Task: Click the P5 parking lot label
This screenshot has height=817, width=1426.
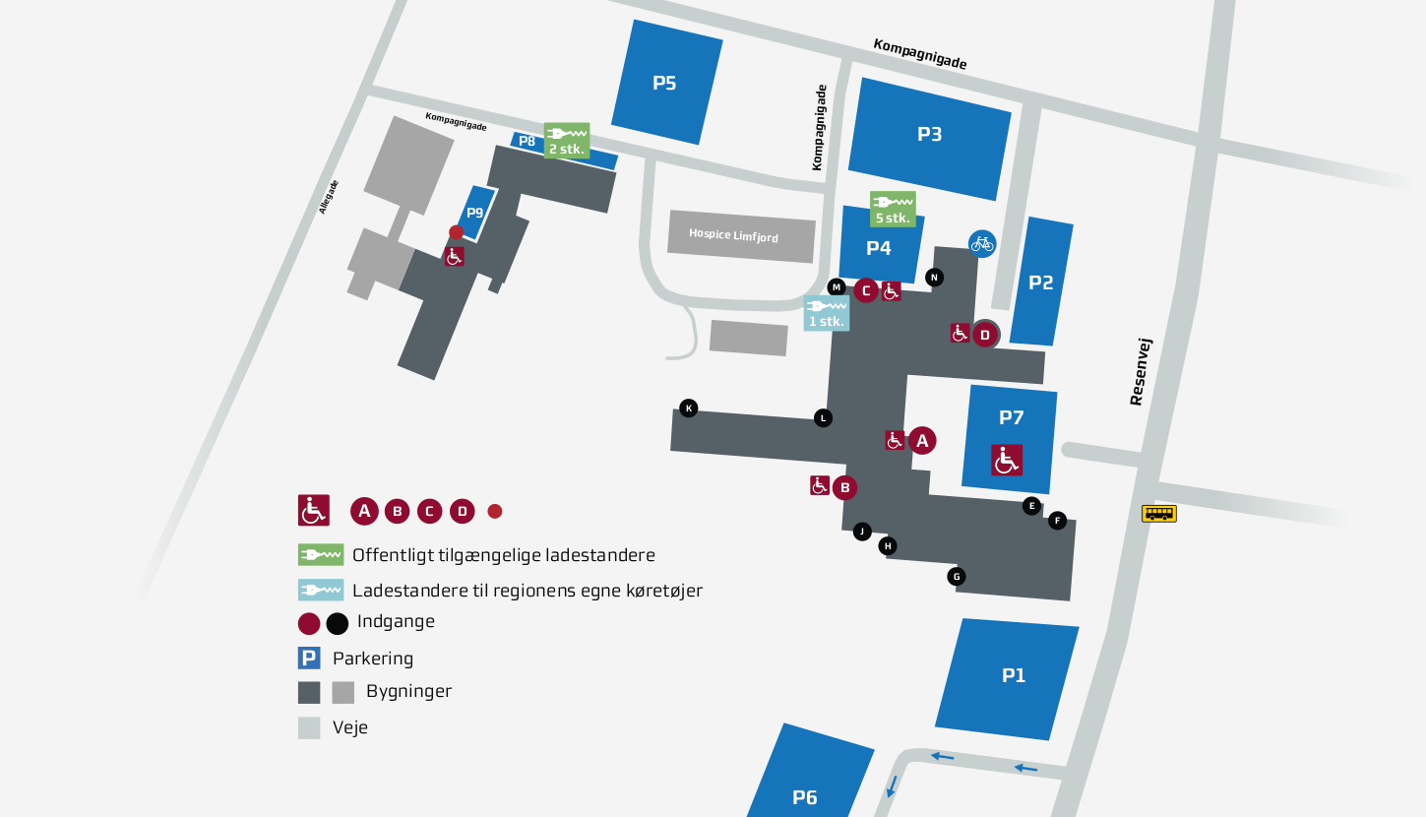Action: tap(664, 84)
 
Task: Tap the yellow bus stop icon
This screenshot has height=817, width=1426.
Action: tap(1158, 513)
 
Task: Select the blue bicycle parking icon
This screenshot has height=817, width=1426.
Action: tap(981, 244)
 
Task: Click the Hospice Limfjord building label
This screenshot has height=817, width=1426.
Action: tap(733, 235)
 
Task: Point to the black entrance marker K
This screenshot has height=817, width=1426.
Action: tap(688, 408)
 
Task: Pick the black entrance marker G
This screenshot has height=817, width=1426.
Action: tap(957, 576)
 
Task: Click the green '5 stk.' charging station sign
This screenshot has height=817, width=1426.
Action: tap(893, 209)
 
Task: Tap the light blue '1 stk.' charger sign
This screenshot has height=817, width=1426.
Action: tap(827, 313)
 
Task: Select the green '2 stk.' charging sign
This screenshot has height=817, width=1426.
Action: tap(567, 140)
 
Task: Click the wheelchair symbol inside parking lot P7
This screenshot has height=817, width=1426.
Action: tap(1007, 460)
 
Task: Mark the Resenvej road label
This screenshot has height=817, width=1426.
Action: tap(1141, 372)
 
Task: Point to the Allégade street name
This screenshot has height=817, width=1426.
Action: tap(329, 198)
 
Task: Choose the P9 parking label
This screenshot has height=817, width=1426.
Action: tap(475, 213)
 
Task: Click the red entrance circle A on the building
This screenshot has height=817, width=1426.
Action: tap(922, 441)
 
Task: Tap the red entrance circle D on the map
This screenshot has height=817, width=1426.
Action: tap(985, 335)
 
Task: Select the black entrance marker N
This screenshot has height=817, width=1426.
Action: tap(934, 278)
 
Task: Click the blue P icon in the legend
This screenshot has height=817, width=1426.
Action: tap(309, 658)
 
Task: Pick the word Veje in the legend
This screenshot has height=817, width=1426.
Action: tap(350, 727)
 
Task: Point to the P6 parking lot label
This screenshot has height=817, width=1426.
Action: tap(805, 797)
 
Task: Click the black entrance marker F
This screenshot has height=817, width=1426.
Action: tap(1057, 521)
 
